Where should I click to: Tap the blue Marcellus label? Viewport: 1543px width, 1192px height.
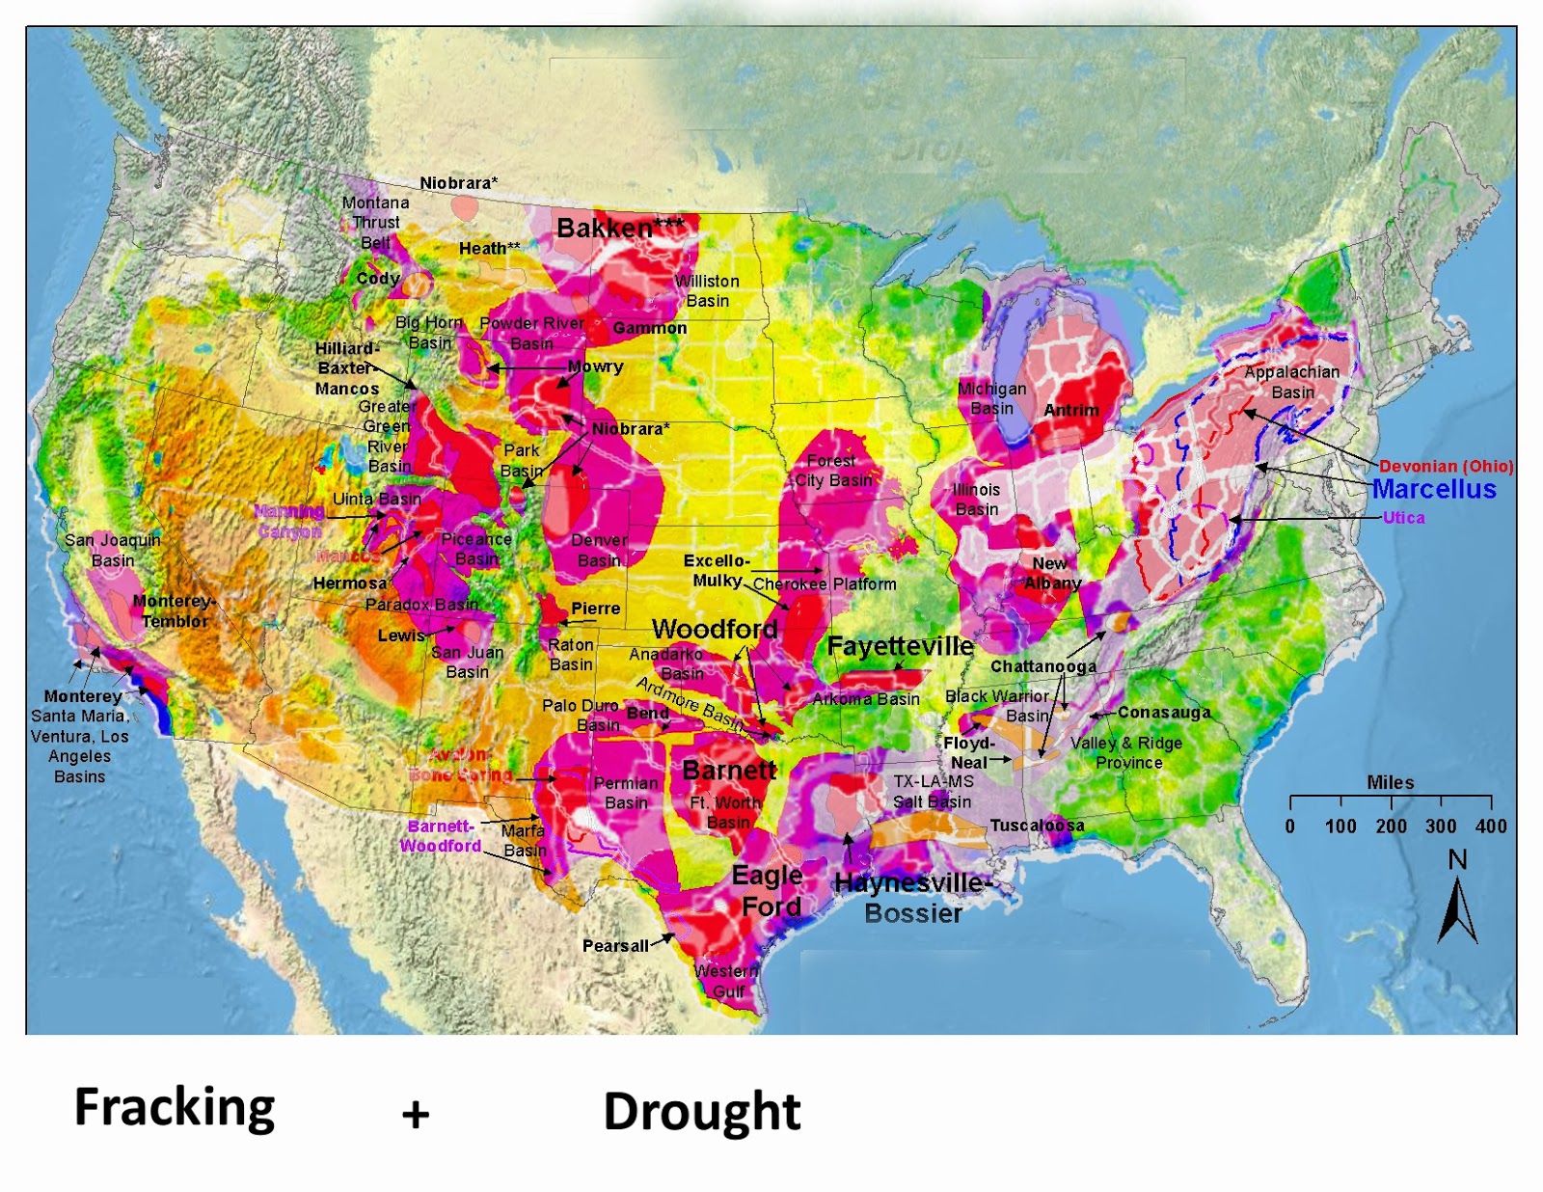pyautogui.click(x=1433, y=489)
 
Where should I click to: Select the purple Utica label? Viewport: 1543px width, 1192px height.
pyautogui.click(x=1403, y=518)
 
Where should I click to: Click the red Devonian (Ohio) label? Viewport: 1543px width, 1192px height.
pyautogui.click(x=1446, y=467)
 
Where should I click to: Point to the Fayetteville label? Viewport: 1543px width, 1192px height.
pyautogui.click(x=900, y=646)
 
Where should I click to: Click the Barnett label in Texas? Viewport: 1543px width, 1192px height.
pyautogui.click(x=729, y=771)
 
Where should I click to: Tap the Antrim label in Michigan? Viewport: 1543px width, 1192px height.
pyautogui.click(x=1070, y=411)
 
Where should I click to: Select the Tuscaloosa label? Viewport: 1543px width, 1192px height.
pyautogui.click(x=1037, y=826)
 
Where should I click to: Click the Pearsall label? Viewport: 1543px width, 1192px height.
pyautogui.click(x=615, y=946)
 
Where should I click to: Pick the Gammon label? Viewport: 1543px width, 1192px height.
pyautogui.click(x=649, y=329)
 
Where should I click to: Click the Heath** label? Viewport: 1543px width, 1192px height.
pyautogui.click(x=489, y=249)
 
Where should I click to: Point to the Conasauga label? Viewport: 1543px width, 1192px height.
pyautogui.click(x=1163, y=713)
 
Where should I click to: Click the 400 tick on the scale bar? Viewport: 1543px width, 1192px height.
pyautogui.click(x=1491, y=826)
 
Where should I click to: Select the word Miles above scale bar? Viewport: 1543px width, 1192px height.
pyautogui.click(x=1390, y=783)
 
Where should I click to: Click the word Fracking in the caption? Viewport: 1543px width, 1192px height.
pyautogui.click(x=175, y=1107)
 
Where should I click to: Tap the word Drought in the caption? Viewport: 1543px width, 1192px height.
pyautogui.click(x=701, y=1112)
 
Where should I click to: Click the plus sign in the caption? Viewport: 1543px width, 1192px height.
pyautogui.click(x=416, y=1115)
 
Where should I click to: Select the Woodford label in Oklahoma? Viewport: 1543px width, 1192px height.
pyautogui.click(x=714, y=630)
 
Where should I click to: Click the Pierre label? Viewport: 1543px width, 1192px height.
pyautogui.click(x=595, y=610)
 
